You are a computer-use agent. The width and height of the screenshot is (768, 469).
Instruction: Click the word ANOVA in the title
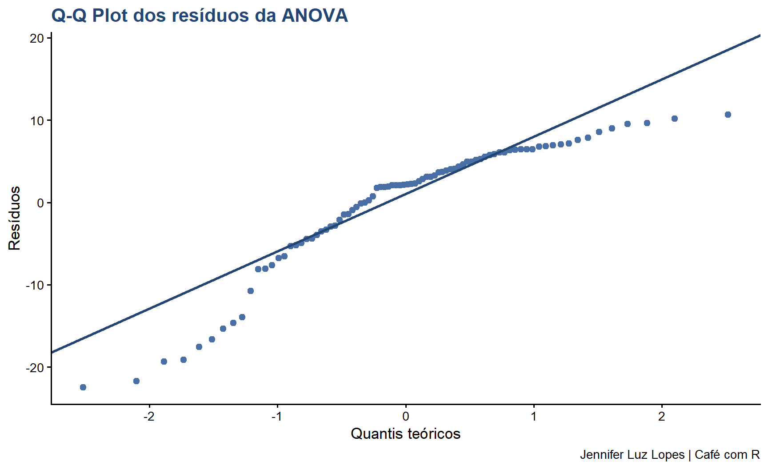(315, 16)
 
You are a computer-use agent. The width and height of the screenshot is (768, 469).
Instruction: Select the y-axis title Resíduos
(15, 218)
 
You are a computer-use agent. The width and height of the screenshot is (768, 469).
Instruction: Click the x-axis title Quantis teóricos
(405, 433)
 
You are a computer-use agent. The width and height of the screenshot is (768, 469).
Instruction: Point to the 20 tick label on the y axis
(37, 38)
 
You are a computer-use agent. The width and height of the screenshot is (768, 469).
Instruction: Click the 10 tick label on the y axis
(37, 121)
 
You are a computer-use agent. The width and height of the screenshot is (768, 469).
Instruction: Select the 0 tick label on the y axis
(40, 203)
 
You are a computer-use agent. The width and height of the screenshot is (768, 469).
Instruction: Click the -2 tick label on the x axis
(149, 417)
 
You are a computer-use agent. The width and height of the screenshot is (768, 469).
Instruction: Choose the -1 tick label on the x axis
(277, 417)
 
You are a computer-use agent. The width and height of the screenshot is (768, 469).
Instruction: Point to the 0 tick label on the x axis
(405, 417)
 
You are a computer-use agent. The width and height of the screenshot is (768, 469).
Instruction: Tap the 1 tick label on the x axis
(533, 417)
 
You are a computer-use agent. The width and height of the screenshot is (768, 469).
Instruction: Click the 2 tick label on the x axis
(662, 417)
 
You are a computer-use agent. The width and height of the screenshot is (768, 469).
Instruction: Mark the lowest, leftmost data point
(83, 387)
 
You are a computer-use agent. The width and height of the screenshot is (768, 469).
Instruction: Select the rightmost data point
(728, 115)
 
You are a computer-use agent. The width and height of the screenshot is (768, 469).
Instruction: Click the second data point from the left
(136, 381)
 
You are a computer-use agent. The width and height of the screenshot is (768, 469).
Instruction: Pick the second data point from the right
(675, 119)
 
